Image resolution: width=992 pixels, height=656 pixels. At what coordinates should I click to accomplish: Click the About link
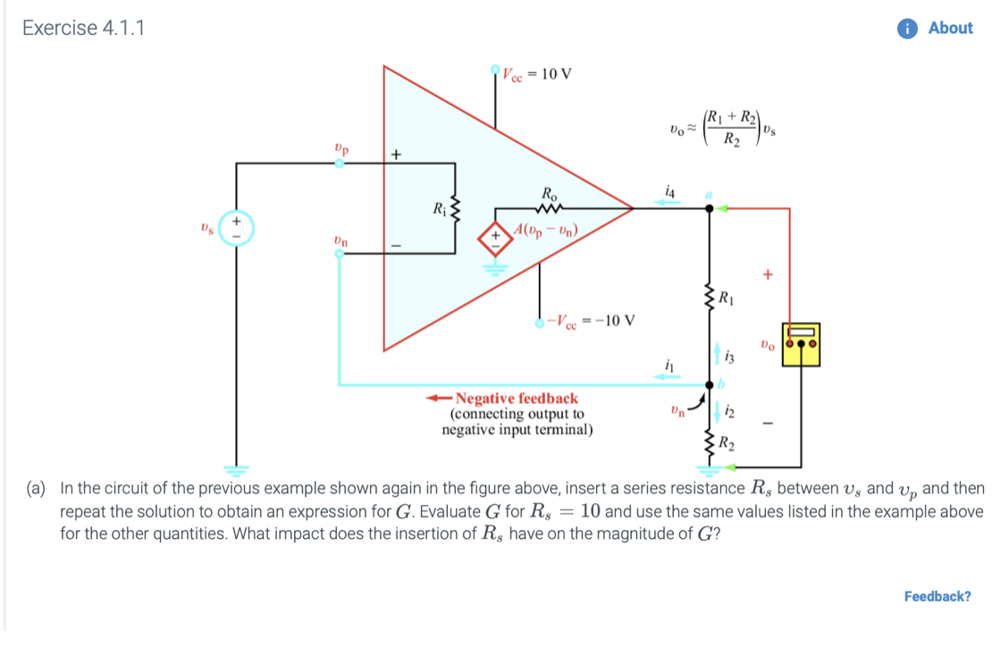[950, 28]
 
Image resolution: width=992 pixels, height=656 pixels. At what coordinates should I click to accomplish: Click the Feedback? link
[937, 596]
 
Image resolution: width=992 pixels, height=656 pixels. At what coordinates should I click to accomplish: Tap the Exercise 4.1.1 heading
[83, 28]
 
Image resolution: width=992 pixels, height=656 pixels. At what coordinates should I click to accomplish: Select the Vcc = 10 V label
[536, 74]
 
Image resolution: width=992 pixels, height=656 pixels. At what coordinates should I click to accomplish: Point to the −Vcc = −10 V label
[592, 321]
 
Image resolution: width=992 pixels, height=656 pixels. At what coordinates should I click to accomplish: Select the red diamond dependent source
[492, 240]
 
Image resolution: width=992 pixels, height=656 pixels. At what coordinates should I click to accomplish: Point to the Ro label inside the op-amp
[548, 193]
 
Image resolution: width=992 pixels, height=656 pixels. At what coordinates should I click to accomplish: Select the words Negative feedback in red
[516, 398]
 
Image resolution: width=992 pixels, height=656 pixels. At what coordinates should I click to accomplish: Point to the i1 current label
[668, 364]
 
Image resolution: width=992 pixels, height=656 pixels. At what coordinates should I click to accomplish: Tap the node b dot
[710, 385]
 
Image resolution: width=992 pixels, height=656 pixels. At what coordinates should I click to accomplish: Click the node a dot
[710, 208]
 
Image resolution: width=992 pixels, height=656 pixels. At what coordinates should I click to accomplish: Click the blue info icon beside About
[909, 28]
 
